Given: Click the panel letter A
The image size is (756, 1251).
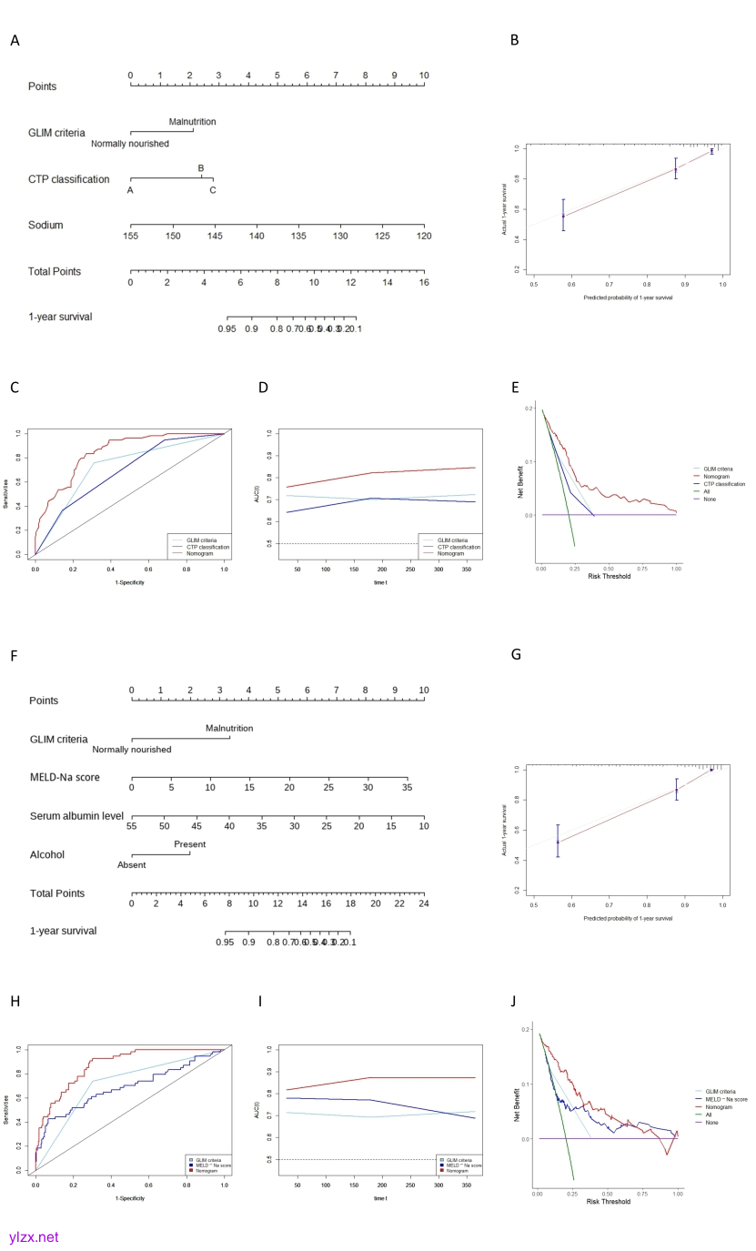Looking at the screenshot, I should pos(14,41).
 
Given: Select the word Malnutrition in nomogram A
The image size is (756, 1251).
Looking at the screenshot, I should pos(192,122).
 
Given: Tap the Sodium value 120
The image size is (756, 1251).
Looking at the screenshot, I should pos(424,237).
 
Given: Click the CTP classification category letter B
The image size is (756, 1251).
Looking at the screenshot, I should pos(201,168).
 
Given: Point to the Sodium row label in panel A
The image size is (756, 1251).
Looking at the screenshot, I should pos(45,225).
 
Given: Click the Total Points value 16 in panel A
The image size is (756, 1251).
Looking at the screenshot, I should pos(424,283).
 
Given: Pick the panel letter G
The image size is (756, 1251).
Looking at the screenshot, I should pos(516,654).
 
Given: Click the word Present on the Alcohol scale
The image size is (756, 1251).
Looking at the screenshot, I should pos(189,844).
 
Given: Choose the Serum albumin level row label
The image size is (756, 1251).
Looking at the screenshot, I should pos(76,816).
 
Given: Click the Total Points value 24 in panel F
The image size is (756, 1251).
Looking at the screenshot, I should pos(422,903).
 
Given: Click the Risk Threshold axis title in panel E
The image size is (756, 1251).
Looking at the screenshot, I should pos(609,576).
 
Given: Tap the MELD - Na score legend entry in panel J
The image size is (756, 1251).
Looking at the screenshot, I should pos(726,1099).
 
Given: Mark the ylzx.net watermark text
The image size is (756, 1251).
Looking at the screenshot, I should pos(34,1237).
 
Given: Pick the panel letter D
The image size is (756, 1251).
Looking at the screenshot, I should pos(263,388).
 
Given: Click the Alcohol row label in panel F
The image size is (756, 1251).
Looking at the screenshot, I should pos(47,855).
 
